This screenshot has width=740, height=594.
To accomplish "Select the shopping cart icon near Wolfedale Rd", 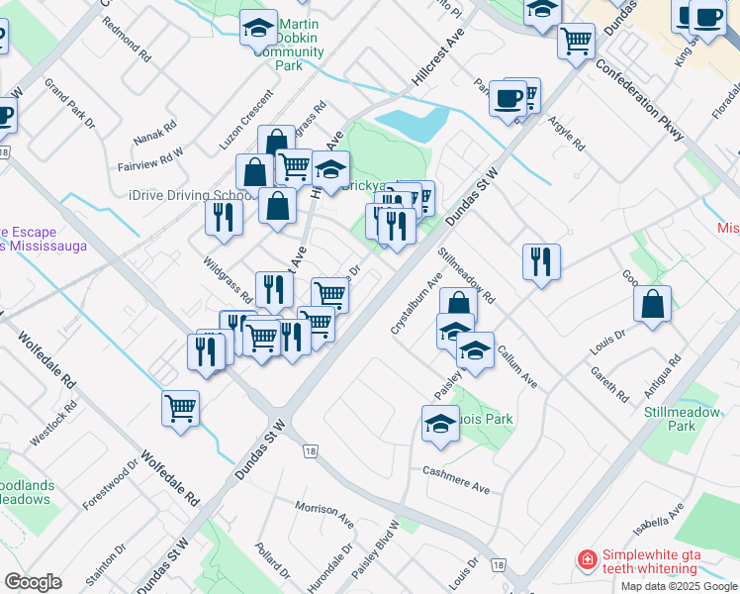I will click(x=181, y=408).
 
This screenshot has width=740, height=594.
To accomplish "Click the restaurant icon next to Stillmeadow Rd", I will click(x=541, y=261).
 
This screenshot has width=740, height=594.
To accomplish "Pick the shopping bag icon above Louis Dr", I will click(x=652, y=304).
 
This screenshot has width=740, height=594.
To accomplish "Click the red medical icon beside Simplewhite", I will click(x=587, y=560).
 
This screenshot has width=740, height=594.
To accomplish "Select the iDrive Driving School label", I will click(x=183, y=195).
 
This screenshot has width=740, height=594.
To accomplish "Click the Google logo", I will click(x=32, y=581).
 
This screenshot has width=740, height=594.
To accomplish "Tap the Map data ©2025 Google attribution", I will click(x=679, y=586).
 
